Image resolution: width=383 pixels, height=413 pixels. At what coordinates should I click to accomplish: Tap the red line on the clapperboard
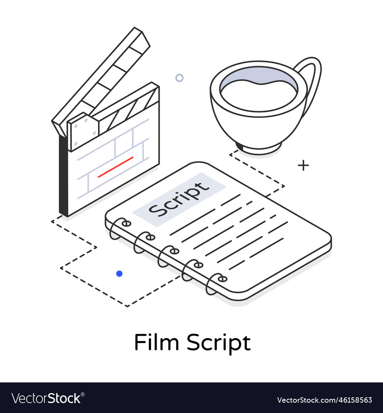tap(115, 167)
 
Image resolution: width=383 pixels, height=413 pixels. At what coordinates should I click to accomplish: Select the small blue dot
tap(119, 273)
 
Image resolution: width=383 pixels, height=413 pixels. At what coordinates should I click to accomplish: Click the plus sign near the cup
tap(303, 165)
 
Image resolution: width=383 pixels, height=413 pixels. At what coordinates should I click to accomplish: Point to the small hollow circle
tap(179, 78)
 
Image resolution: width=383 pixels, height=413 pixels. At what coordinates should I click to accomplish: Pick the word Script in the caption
tap(219, 343)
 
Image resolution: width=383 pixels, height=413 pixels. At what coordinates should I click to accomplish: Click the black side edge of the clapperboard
tap(63, 176)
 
